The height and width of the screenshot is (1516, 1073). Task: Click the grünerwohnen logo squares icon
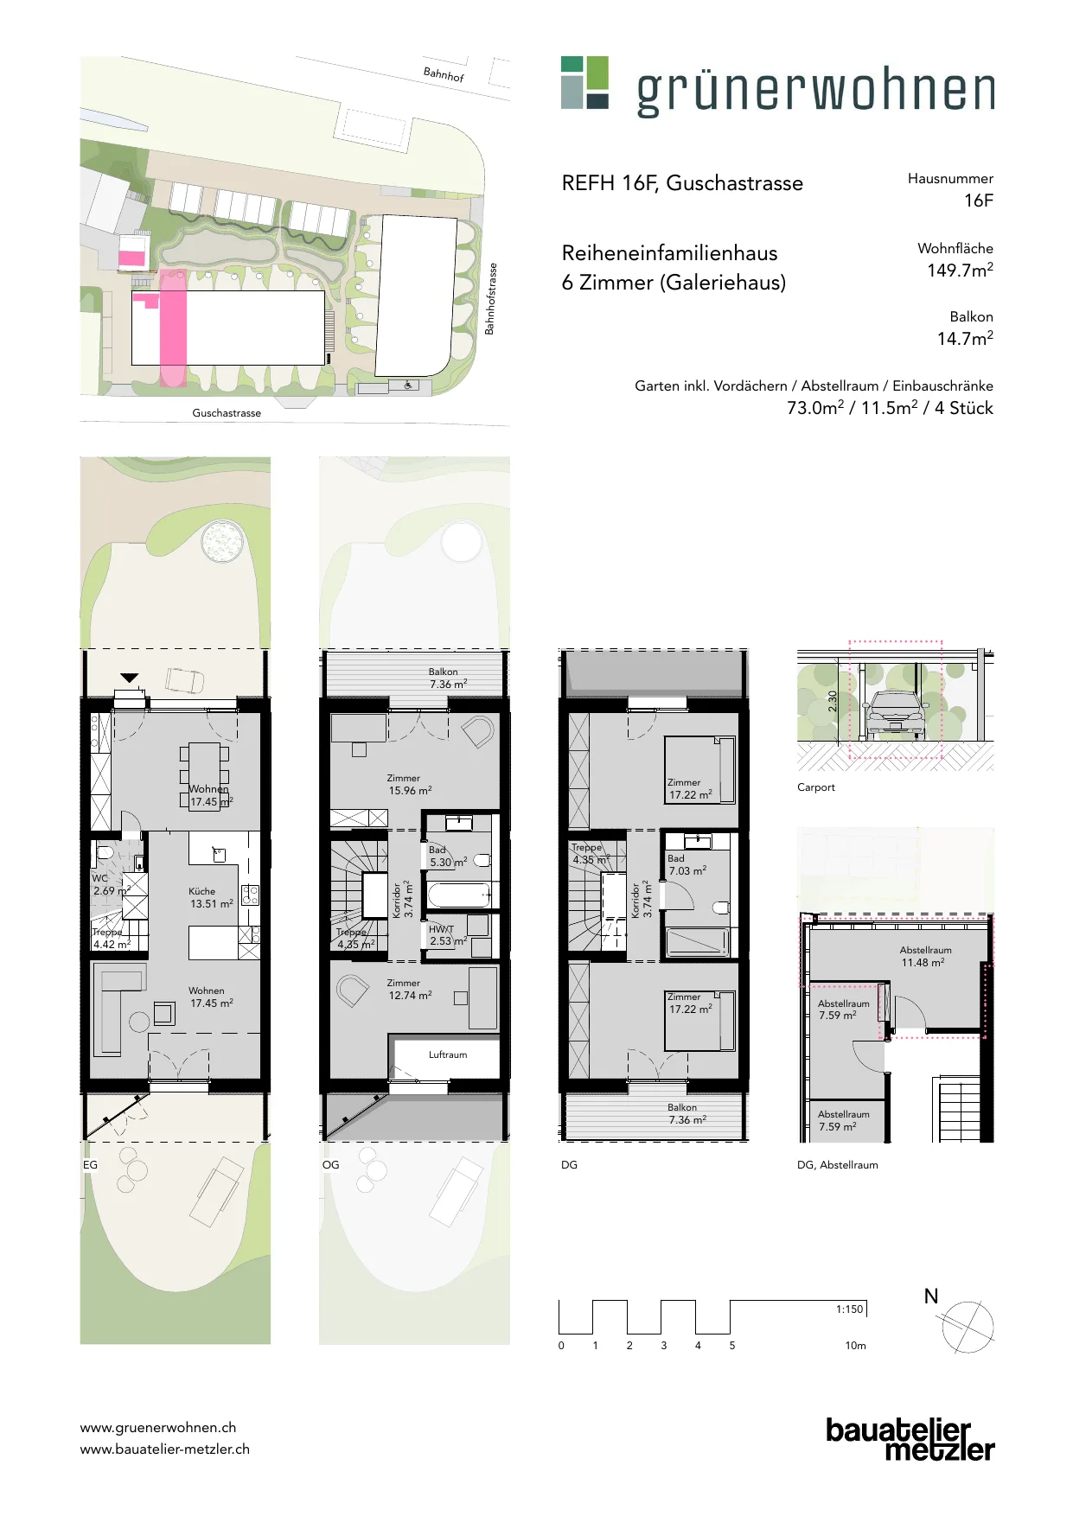(x=584, y=82)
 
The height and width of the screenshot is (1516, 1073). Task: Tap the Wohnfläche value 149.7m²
(x=960, y=270)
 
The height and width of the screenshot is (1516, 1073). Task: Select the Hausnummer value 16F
(x=979, y=201)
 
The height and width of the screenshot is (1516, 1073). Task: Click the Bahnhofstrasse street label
(x=490, y=299)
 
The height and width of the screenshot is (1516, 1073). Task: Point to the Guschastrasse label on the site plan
(x=227, y=413)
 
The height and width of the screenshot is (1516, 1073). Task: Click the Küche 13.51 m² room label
(x=211, y=897)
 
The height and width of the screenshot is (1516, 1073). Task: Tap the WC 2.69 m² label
(x=112, y=884)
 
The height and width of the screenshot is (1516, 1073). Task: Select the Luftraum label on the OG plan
(x=448, y=1054)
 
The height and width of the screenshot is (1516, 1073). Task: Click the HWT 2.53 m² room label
(x=448, y=935)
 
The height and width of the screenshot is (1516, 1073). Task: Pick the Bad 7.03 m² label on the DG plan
(x=687, y=865)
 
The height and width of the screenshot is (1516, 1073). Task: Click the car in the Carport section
(x=896, y=713)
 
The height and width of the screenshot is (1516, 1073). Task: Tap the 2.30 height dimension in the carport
(x=833, y=701)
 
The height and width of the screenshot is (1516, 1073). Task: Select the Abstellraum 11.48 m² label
(x=925, y=956)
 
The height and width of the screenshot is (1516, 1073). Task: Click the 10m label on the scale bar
(x=855, y=1346)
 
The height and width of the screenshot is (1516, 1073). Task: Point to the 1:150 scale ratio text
(x=849, y=1309)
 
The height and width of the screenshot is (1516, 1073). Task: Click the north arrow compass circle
(x=968, y=1328)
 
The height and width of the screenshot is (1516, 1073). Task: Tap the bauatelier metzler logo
(x=910, y=1439)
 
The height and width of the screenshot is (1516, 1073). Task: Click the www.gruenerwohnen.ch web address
(x=158, y=1428)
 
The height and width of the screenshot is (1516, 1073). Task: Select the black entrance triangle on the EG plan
(x=130, y=678)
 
